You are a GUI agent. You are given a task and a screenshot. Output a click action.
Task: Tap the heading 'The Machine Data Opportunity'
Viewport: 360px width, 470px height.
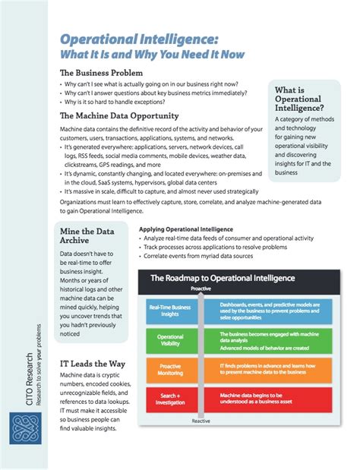tap(119, 116)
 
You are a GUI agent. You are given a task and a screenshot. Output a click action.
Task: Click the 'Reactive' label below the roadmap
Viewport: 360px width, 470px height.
tap(201, 419)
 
